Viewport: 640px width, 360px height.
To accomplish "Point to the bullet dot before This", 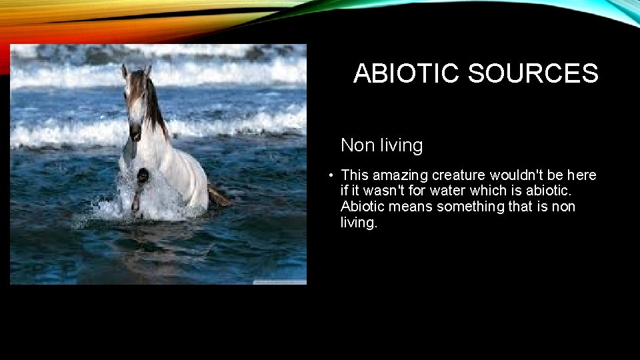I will tap(330, 175).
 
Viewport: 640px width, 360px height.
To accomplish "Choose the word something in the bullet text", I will tap(471, 207).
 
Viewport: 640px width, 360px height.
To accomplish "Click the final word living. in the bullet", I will tap(359, 223).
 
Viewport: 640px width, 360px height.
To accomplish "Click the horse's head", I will tap(136, 100).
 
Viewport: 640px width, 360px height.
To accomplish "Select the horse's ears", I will tap(135, 70).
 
